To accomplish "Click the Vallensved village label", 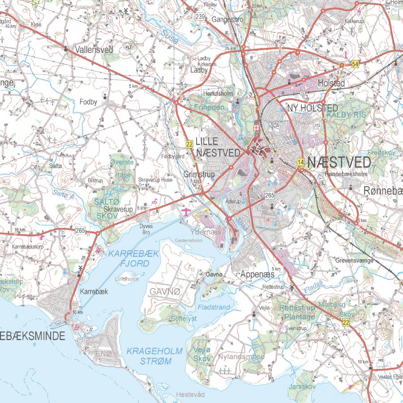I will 94,50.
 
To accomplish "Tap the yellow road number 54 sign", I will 355,64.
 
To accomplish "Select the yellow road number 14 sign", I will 300,162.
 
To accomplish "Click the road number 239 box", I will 200,17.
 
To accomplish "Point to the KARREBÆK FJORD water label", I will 134,258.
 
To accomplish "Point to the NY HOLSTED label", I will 312,108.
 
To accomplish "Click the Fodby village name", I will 88,102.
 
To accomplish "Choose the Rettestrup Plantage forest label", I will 297,313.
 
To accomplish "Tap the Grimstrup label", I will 199,174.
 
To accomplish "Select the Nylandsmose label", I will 241,357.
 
